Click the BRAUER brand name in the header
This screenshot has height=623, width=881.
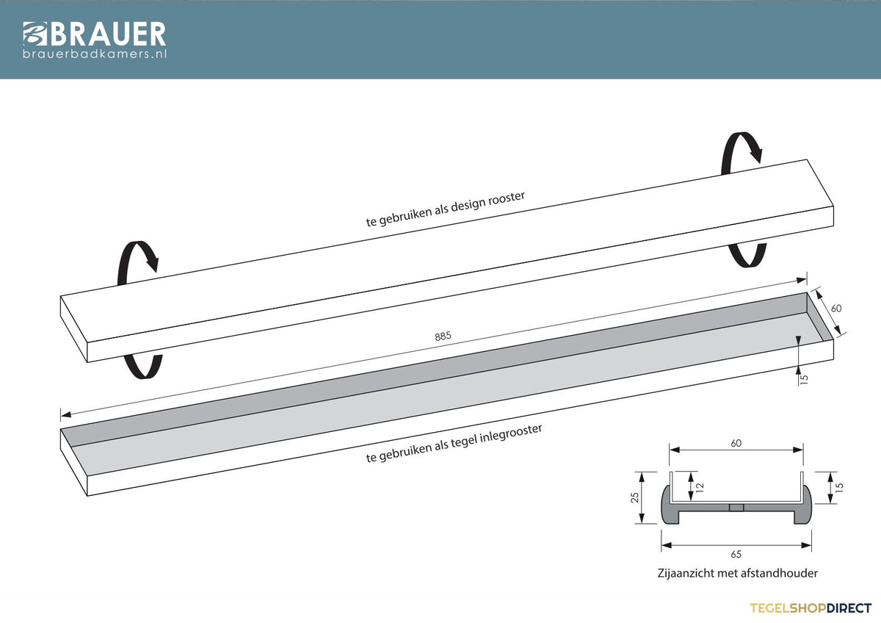(108, 34)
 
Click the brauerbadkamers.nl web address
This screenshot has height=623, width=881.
(95, 54)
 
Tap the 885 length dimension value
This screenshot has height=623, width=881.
(443, 336)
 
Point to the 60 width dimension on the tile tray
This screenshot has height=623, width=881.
(836, 308)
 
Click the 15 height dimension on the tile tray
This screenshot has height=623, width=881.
(804, 379)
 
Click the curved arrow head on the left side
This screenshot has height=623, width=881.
(152, 262)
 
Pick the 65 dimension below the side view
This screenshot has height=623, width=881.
(736, 554)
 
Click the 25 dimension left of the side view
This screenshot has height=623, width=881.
(635, 498)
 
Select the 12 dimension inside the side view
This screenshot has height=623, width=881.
(699, 488)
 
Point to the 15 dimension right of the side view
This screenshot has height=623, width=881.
(839, 488)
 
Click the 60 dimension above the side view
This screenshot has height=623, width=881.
(736, 443)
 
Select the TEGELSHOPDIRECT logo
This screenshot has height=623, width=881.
(811, 608)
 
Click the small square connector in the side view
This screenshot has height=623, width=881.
(736, 507)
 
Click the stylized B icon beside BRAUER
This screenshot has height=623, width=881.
(35, 34)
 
